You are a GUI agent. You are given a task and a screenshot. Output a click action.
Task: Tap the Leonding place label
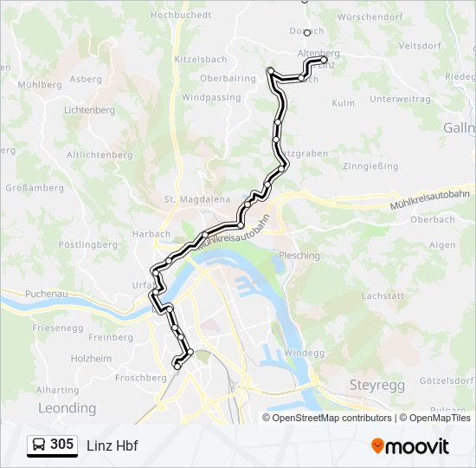pos(67,407)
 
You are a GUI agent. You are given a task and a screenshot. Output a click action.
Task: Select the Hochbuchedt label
pos(180,15)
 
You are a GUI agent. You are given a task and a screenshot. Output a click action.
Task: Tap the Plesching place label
pos(299,256)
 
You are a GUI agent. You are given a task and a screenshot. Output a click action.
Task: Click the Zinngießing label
pos(370,166)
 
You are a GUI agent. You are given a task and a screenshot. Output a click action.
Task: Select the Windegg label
pos(304,353)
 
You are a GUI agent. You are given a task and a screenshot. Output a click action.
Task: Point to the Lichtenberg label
pos(89,111)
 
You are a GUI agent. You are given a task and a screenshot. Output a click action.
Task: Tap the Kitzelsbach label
pos(200,59)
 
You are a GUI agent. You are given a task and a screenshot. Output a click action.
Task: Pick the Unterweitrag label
pos(399,99)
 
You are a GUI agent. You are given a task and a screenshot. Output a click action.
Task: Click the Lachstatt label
pos(383,296)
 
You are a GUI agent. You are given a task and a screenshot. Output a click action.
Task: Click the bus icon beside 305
pos(39,445)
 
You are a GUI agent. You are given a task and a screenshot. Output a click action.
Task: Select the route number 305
pos(61,445)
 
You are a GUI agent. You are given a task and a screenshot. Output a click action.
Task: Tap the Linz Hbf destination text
pos(112,445)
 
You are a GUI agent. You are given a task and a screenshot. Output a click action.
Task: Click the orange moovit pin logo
pos(377,446)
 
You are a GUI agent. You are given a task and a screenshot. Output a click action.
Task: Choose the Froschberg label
pos(139,378)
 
